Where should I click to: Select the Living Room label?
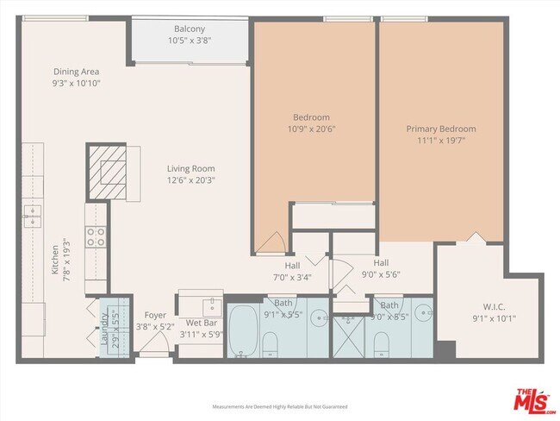click(191, 169)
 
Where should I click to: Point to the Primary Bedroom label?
click(440, 129)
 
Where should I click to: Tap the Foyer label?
click(155, 315)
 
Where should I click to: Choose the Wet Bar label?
click(199, 323)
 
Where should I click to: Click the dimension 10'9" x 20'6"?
click(312, 129)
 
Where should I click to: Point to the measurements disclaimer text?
click(280, 405)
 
